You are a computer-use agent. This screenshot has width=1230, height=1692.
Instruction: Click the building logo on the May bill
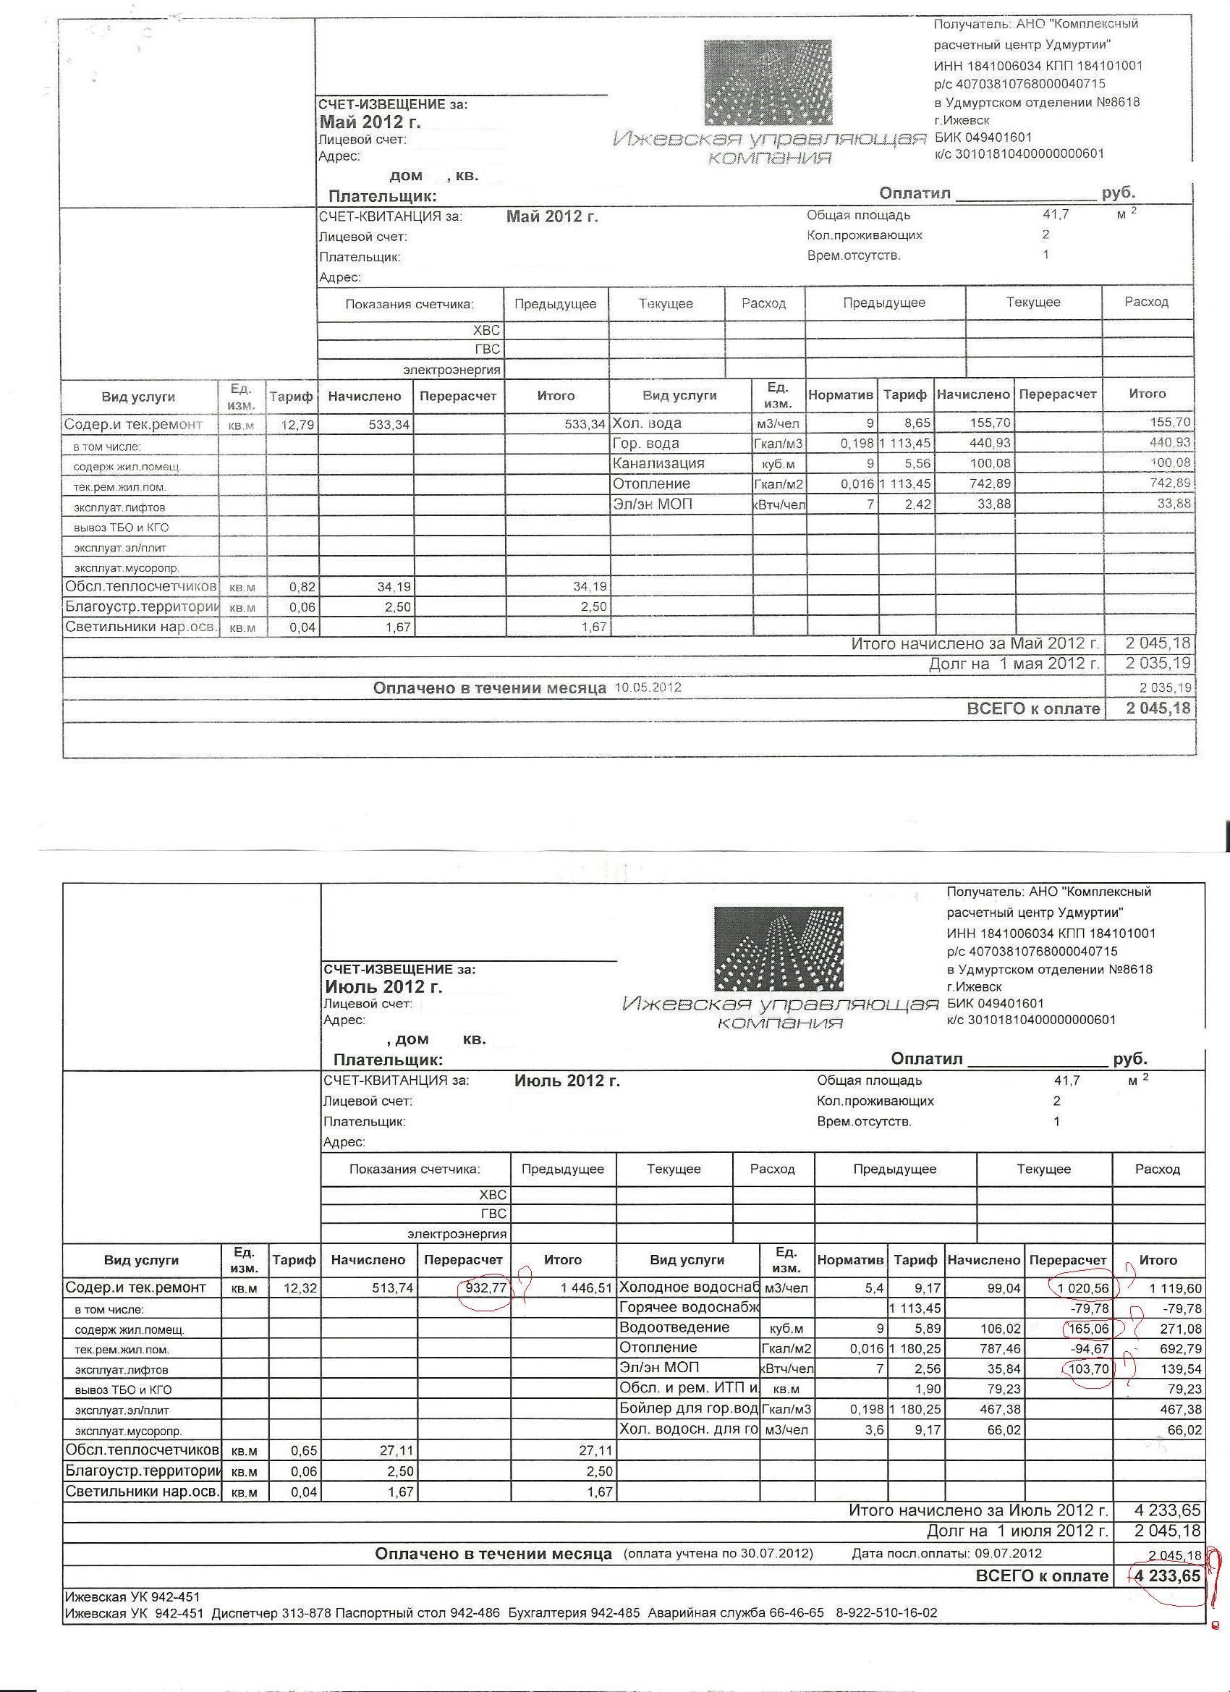tap(768, 82)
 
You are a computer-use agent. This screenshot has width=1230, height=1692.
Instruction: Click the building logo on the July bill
tap(778, 948)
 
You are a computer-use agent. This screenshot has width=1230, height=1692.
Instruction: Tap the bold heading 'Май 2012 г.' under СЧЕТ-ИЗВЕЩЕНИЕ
tap(370, 122)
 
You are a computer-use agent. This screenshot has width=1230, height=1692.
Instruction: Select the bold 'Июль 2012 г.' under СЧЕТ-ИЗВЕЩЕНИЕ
tap(383, 986)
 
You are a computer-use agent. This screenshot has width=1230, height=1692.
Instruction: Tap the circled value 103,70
tap(1088, 1369)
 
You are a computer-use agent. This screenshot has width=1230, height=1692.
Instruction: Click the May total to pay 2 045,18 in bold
tap(1158, 708)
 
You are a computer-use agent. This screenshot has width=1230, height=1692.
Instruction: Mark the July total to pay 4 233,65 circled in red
tap(1167, 1575)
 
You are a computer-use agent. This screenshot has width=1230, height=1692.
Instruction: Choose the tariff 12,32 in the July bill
tap(300, 1287)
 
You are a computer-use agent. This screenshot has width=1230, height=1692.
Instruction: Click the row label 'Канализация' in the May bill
tap(658, 463)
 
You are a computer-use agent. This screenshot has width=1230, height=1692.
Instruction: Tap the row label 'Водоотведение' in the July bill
tap(674, 1327)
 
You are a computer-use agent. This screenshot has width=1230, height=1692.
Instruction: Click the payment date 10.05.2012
tap(648, 688)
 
